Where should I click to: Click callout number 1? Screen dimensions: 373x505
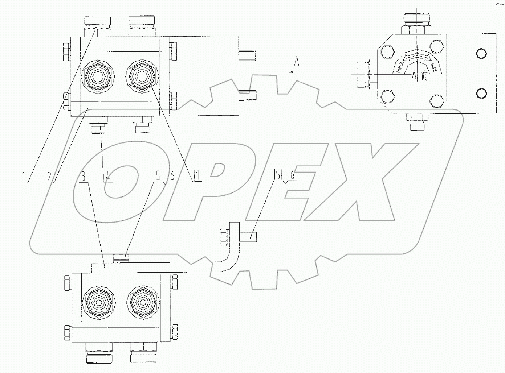pos(24,177)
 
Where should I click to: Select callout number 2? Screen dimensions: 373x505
pos(49,177)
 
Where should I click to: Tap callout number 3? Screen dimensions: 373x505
pos(84,177)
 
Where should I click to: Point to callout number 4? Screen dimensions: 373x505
pos(107,177)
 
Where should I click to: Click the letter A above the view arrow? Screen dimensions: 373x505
pos(297,62)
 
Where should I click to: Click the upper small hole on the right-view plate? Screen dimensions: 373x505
pos(481,54)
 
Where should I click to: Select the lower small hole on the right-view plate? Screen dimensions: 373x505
pos(481,94)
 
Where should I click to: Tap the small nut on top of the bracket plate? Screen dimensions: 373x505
pos(121,257)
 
